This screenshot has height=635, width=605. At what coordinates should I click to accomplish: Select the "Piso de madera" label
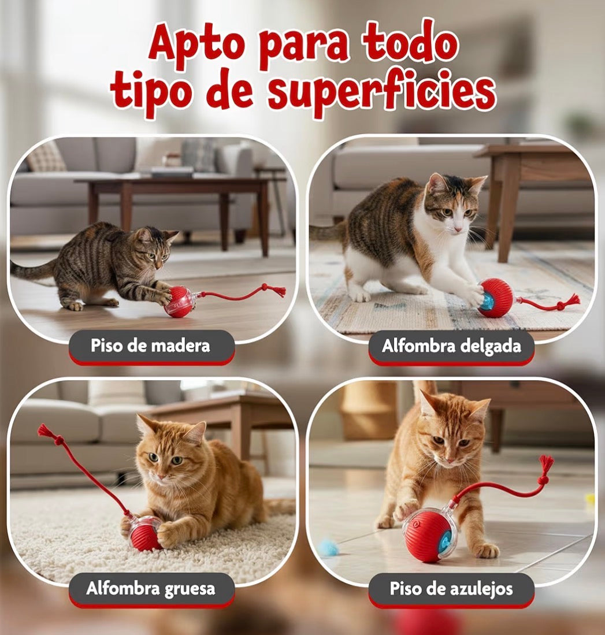(150, 346)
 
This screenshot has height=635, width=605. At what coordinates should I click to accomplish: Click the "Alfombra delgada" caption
(451, 346)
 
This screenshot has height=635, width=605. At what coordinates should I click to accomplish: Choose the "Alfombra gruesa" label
(151, 588)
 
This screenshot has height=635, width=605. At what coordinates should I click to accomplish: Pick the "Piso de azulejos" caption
(451, 589)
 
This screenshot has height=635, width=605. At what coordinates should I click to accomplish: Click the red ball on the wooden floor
(180, 302)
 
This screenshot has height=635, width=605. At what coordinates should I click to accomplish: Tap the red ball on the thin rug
(495, 298)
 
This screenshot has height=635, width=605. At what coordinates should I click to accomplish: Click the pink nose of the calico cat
(456, 229)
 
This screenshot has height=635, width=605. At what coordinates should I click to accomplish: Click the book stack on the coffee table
(172, 172)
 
